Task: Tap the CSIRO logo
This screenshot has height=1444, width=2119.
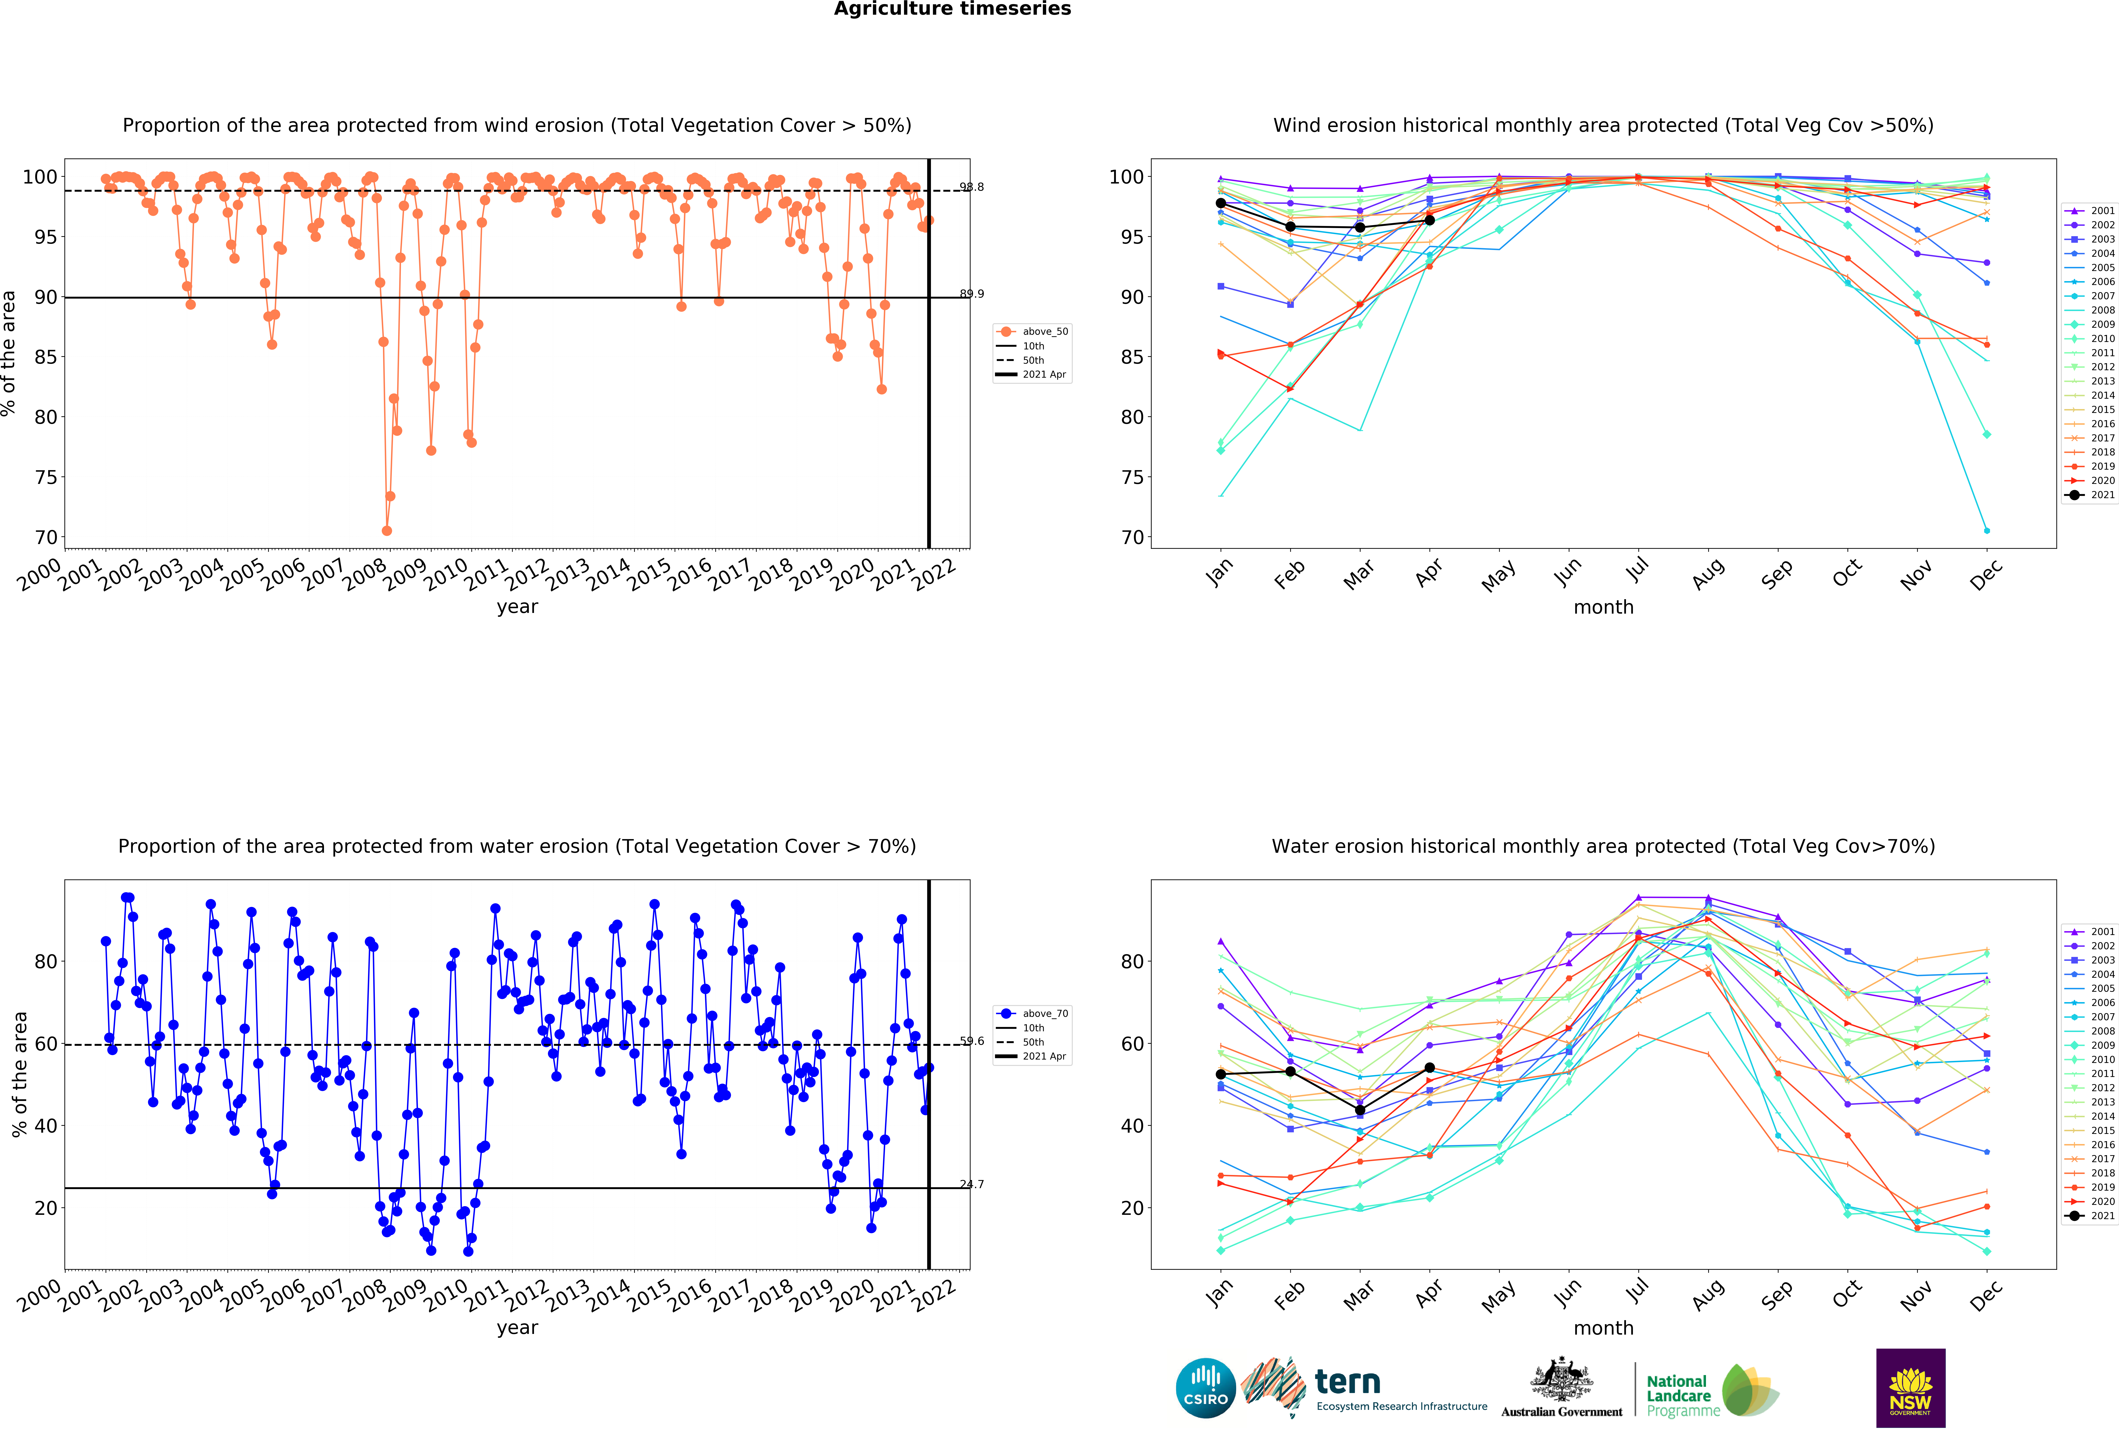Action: [1205, 1388]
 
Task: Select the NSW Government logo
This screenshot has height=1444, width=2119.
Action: [1910, 1387]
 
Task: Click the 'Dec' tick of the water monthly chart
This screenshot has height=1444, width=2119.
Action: [1986, 1295]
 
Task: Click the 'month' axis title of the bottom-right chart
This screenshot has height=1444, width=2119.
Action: [1603, 1328]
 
